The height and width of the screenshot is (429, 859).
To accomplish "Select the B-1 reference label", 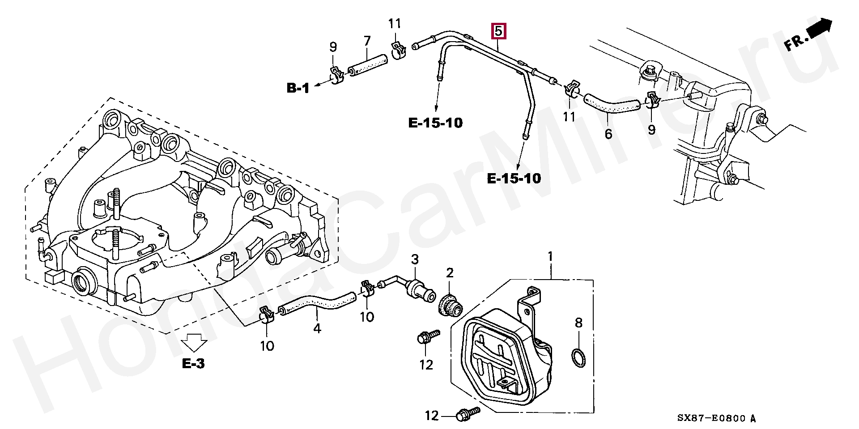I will (x=298, y=89).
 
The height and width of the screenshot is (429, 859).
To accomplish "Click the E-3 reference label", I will (x=193, y=364).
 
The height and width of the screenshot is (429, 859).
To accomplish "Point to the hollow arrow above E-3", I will (x=194, y=344).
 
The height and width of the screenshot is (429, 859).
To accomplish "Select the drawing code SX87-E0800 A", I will (x=716, y=419).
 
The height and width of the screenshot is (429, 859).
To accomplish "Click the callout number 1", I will (x=550, y=257).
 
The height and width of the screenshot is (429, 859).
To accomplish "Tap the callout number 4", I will (x=317, y=329).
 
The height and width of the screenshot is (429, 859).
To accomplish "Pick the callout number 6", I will (x=608, y=133).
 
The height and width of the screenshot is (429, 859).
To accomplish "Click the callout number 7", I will (x=367, y=41).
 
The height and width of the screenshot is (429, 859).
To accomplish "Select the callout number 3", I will (x=415, y=259).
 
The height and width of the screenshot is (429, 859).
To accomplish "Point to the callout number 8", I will (x=578, y=323).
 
